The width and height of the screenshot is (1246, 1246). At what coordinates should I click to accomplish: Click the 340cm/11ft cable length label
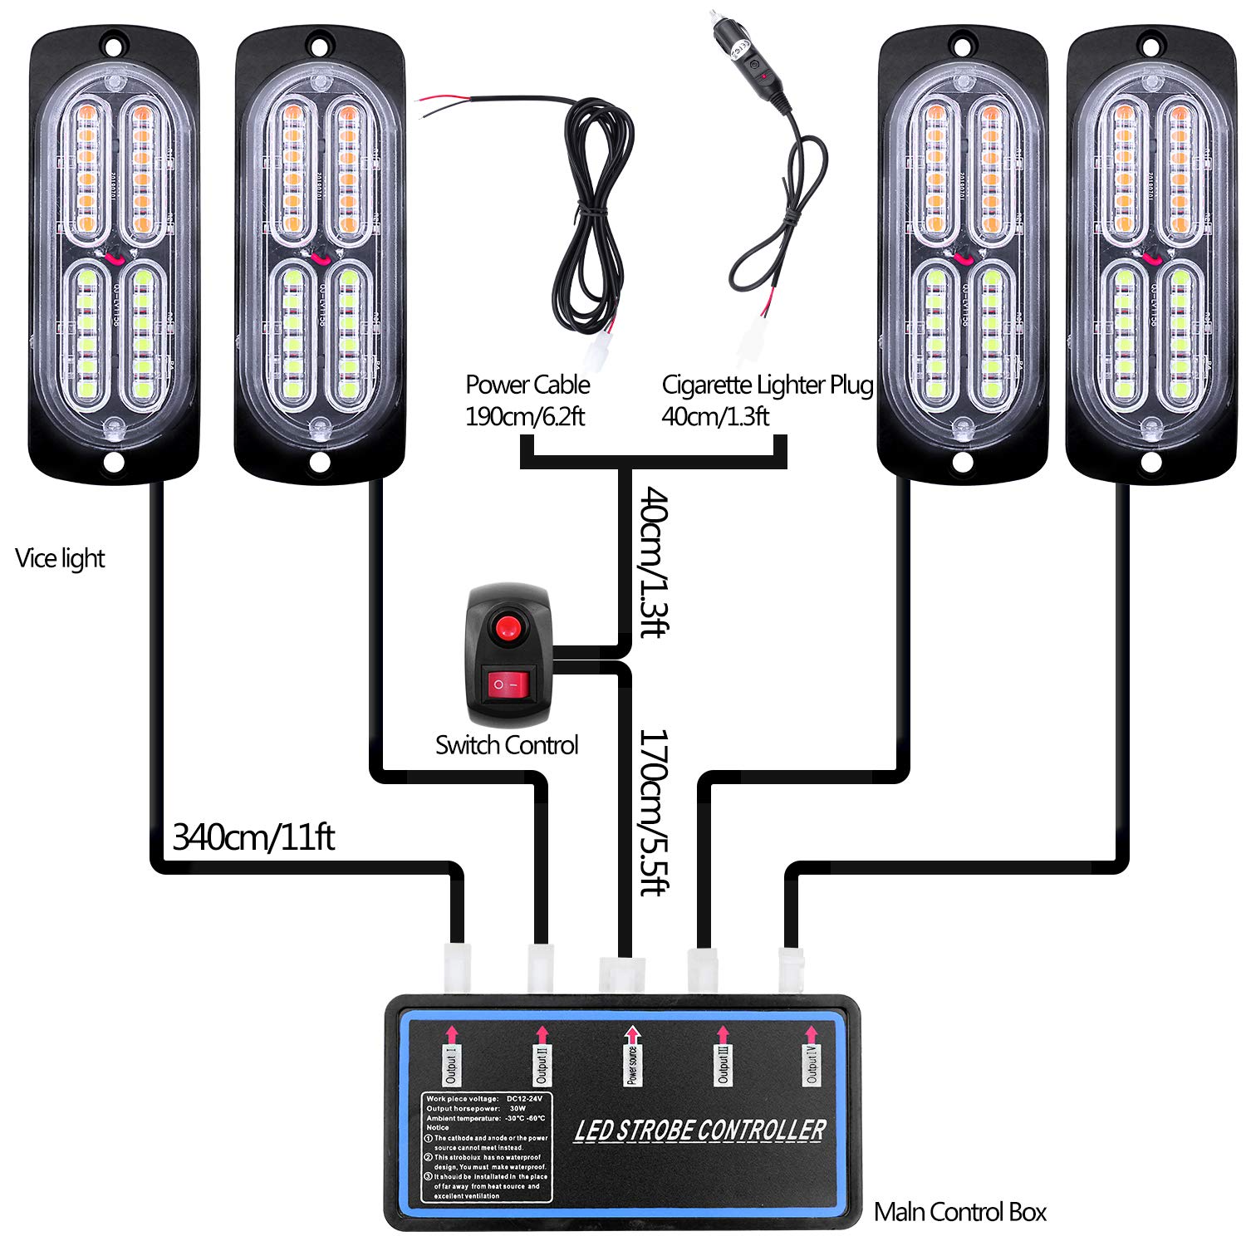pos(253,837)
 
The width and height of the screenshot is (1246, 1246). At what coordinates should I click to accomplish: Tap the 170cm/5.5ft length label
pos(653,812)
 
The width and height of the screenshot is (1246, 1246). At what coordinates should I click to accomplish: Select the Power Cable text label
pos(527,385)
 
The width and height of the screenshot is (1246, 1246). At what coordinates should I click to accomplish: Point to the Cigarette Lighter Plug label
pos(767,385)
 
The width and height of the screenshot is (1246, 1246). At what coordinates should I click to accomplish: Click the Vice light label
pos(60,558)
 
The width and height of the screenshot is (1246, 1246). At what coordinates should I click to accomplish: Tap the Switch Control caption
pos(507,745)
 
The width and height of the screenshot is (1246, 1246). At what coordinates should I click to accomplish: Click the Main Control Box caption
pos(960,1212)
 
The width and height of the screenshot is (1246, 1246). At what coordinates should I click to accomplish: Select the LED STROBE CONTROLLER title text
pos(699,1131)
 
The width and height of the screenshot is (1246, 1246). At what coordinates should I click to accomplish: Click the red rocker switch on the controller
pos(508,686)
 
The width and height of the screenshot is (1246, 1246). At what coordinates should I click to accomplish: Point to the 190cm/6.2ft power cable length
pos(525,416)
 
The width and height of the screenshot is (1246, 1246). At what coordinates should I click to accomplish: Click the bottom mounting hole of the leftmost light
pos(114,461)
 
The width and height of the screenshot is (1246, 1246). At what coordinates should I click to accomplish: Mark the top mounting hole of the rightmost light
pos(1150,44)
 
